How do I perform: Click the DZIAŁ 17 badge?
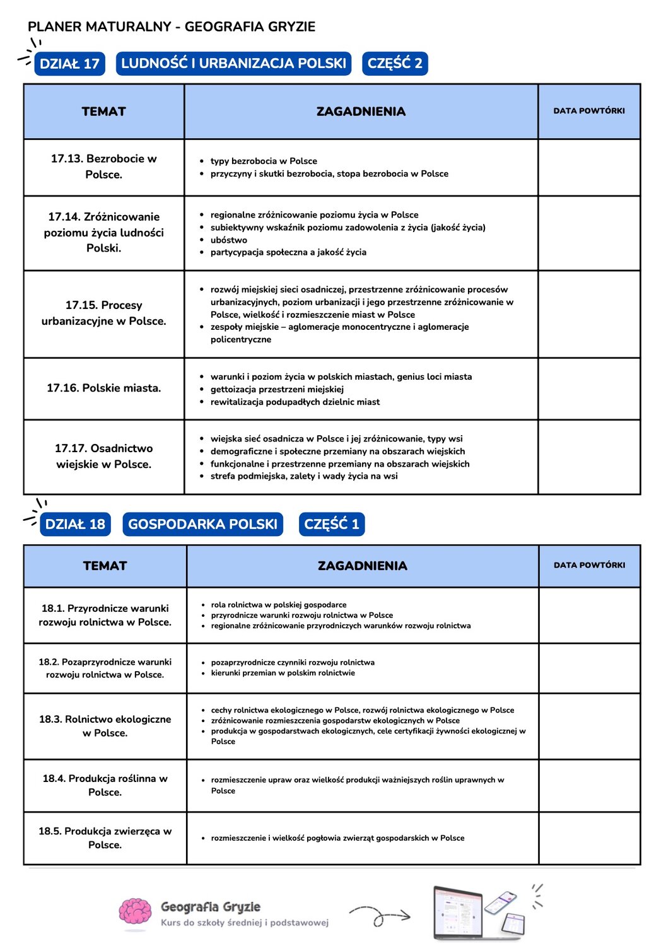pos(69,64)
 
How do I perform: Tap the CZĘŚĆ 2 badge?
pos(395,64)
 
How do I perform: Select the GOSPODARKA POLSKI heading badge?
pos(202,524)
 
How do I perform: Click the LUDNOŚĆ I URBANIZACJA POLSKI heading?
pos(233,64)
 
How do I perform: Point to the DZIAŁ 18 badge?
pos(75,524)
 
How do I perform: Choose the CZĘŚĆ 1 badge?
pos(331,524)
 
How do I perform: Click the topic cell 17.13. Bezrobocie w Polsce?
pos(104,166)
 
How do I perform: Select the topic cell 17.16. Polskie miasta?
pos(104,388)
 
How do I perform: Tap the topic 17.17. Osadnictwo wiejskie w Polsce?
pos(104,456)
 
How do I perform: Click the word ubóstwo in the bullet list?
pos(228,240)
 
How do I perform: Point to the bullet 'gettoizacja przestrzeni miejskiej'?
pos(277,389)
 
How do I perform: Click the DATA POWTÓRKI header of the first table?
pos(589,111)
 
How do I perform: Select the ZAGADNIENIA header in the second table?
pos(362,566)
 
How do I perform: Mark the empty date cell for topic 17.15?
pos(589,314)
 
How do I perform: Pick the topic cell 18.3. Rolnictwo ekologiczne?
pos(105,726)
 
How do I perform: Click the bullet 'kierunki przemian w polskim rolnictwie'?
pos(283,673)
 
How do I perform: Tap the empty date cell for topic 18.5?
pos(589,838)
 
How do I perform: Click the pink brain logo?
pos(135,913)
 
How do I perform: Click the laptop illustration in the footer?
pos(457,912)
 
